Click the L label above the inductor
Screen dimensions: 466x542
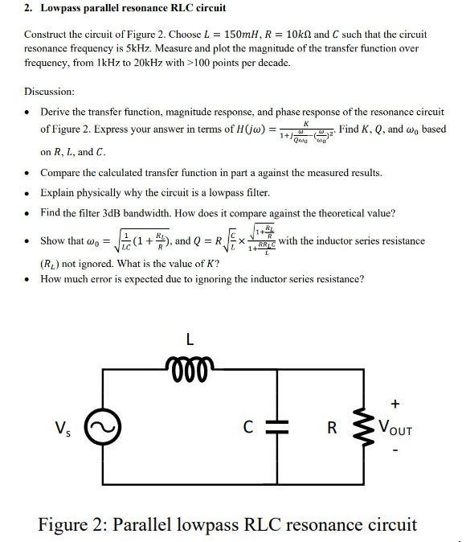pos(190,339)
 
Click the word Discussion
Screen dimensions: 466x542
pos(49,92)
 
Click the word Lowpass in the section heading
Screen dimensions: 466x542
pos(64,8)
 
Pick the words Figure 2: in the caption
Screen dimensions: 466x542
pos(74,525)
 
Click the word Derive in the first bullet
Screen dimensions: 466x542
pos(55,112)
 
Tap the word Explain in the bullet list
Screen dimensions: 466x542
pos(59,192)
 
